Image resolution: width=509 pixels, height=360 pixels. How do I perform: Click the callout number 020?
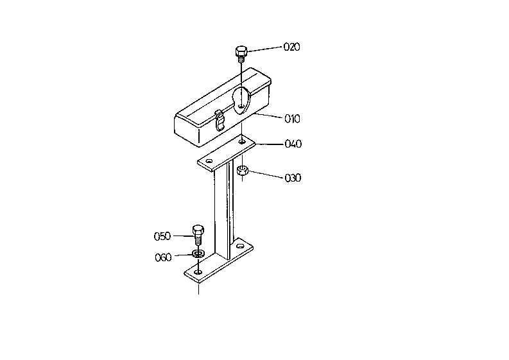[x=291, y=47]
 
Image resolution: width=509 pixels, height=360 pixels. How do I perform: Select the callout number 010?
[x=292, y=119]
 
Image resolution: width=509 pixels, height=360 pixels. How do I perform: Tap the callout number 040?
[x=293, y=144]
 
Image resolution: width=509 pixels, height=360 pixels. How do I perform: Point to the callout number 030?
[x=293, y=178]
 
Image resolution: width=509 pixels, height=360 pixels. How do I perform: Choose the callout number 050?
[x=162, y=236]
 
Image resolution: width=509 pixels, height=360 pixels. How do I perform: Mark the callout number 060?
[x=163, y=257]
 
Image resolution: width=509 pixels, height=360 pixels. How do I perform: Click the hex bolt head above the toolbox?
[x=241, y=51]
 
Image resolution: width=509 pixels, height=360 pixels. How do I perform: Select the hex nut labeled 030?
[x=243, y=170]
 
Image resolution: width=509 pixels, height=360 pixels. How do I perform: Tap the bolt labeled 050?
[x=198, y=235]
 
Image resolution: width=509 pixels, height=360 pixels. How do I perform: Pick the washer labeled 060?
[x=198, y=253]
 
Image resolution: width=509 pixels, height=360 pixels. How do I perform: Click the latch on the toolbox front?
[x=220, y=120]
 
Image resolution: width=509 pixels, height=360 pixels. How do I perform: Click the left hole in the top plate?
[x=209, y=161]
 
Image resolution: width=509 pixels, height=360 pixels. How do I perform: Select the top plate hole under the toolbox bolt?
[x=242, y=142]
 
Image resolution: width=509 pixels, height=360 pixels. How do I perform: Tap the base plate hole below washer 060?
[x=198, y=271]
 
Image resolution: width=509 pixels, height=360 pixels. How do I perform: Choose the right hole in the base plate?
[x=239, y=246]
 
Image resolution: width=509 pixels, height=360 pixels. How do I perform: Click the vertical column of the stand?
[x=223, y=211]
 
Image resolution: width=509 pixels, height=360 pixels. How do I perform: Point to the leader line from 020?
[x=264, y=49]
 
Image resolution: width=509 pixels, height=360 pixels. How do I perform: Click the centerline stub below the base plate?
[x=199, y=289]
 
